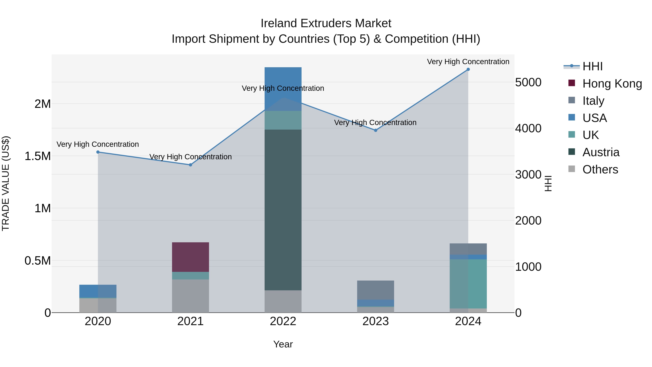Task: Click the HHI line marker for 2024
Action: [468, 69]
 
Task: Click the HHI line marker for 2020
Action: [98, 152]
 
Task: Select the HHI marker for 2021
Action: [191, 165]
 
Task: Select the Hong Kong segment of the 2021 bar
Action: [191, 257]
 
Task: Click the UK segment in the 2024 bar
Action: [468, 284]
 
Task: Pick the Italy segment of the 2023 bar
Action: [376, 290]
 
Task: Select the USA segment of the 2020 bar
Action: [98, 291]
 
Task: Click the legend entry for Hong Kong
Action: [612, 84]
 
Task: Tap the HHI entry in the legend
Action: [592, 66]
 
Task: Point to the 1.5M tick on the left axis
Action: [38, 156]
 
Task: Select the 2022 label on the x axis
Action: [283, 321]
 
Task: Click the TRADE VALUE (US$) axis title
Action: [6, 183]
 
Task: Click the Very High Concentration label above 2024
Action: [468, 62]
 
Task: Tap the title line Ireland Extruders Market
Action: [326, 23]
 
